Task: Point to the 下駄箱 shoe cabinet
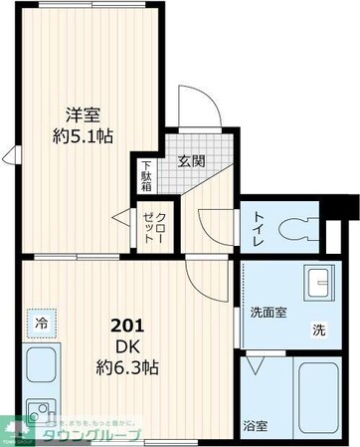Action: click(x=146, y=174)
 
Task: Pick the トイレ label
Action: click(x=259, y=229)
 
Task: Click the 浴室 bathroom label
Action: click(x=256, y=426)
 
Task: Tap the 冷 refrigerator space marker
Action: click(x=42, y=324)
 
